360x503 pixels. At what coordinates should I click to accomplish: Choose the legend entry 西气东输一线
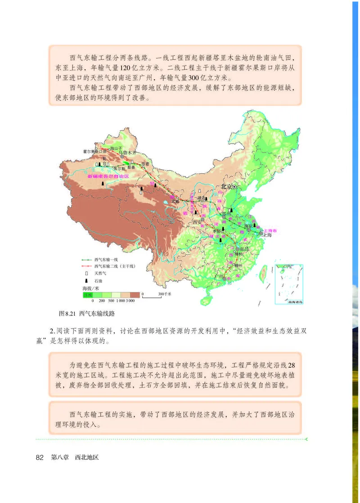click(x=106, y=260)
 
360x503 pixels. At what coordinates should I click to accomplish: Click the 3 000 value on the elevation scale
click(x=130, y=300)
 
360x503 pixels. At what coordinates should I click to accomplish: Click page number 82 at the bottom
click(x=39, y=457)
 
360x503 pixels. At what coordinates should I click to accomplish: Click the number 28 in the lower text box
click(x=291, y=365)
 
